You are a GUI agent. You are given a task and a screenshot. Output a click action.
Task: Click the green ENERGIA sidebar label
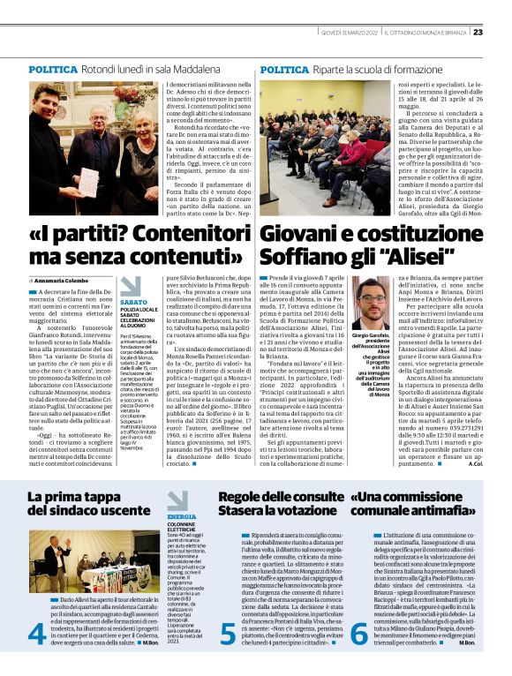(182, 515)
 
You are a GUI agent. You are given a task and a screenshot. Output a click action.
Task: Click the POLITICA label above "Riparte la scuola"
(284, 69)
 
